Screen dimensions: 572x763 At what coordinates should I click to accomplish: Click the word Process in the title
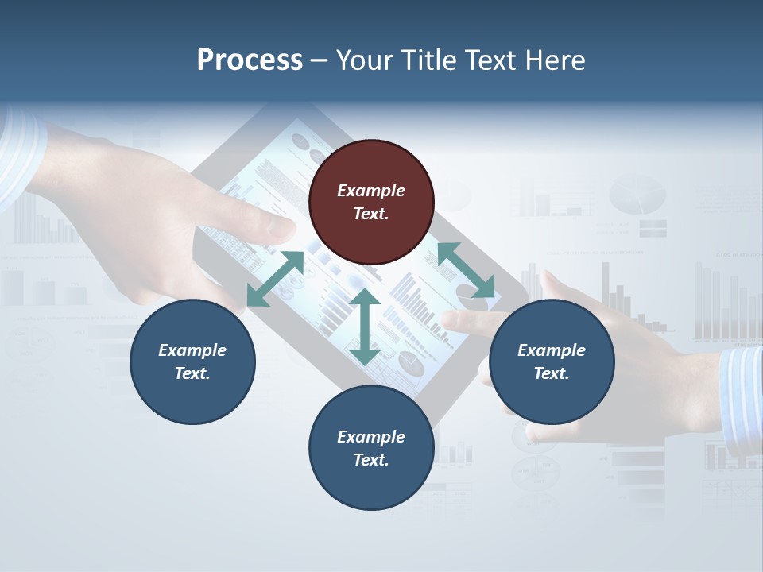250,60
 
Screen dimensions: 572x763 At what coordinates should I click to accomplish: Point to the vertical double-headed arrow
365,327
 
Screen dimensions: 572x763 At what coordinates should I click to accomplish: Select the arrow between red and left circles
275,279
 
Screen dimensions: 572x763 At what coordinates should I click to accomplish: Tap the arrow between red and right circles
466,270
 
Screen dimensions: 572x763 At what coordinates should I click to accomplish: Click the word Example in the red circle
371,191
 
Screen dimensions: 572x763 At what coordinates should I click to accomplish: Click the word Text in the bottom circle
370,460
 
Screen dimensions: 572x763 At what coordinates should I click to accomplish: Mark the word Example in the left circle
192,350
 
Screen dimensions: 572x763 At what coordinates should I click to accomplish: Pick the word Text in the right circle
550,373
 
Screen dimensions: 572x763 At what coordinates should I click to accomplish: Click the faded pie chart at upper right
637,195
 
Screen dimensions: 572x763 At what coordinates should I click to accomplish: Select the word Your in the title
362,60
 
